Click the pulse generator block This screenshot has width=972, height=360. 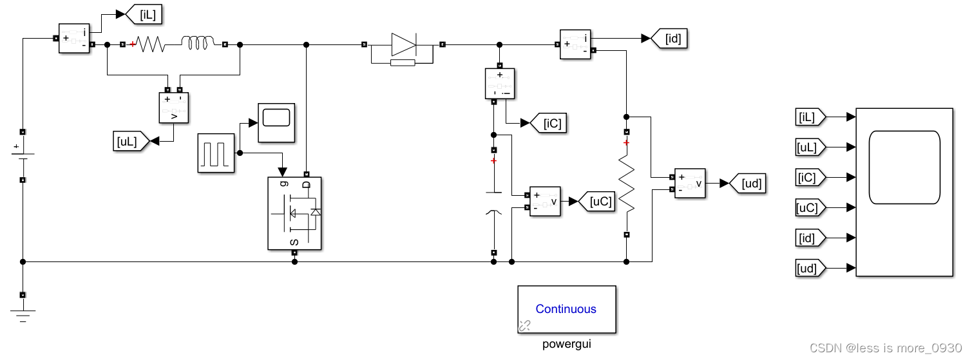point(216,153)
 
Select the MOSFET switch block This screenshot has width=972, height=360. point(294,213)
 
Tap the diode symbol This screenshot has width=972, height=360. point(404,44)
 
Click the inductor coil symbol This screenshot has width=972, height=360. point(198,44)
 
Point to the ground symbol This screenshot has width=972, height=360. point(23,314)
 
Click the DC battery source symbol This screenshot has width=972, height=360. point(23,155)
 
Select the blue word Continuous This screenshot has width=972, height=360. point(566,309)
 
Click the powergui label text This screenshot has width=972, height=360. point(566,344)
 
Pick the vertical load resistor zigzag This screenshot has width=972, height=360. point(626,184)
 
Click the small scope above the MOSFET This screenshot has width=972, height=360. point(276,122)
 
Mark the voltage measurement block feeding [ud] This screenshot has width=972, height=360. point(690,184)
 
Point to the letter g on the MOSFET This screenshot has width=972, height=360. point(283,184)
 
